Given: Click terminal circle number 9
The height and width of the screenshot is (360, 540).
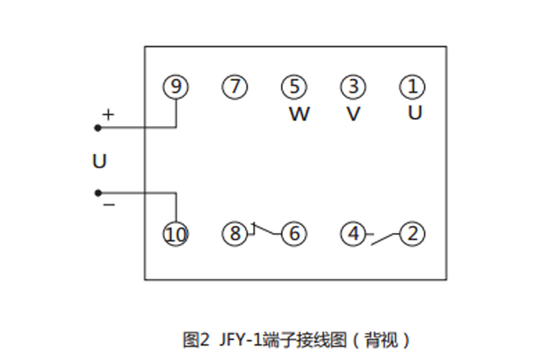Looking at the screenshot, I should [x=176, y=86].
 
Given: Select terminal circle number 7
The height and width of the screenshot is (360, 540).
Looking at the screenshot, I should [x=234, y=86].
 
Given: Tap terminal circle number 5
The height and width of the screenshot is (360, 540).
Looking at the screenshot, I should [x=293, y=86].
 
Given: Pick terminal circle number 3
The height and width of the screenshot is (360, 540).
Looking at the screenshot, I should [x=353, y=86].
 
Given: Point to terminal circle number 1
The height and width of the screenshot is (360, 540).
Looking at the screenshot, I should [x=412, y=86].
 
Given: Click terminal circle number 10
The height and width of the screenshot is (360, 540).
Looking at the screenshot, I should [x=176, y=235].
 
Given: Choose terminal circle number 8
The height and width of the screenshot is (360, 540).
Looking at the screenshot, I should [x=234, y=235].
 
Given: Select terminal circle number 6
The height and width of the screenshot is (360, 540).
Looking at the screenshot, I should [x=293, y=235].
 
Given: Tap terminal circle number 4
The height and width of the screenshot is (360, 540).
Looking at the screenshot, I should [x=353, y=235].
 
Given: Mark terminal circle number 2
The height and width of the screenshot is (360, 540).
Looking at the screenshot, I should [x=412, y=235].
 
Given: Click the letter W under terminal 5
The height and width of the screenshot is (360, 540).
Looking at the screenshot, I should [x=298, y=114].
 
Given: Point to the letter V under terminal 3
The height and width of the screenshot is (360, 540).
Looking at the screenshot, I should [x=354, y=114].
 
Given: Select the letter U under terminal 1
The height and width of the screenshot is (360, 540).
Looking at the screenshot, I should [x=414, y=113].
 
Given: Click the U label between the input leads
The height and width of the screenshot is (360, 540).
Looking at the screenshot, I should [x=100, y=162].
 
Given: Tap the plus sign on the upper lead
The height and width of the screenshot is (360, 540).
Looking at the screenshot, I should [x=108, y=115].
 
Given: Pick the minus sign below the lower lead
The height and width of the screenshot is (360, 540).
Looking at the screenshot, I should [x=108, y=205].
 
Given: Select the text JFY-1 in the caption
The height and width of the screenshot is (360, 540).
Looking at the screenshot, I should [x=234, y=340].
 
